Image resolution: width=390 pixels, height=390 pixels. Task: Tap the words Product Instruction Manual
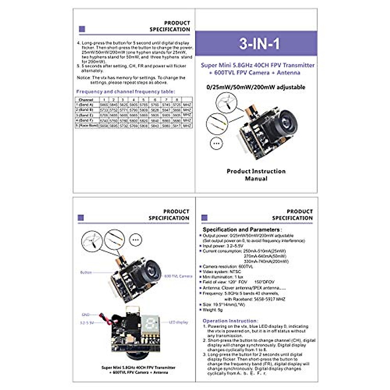pyautogui.click(x=256, y=175)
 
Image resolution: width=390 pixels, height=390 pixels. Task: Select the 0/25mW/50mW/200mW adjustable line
pyautogui.click(x=256, y=87)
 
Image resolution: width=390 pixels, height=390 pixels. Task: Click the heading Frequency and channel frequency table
pyautogui.click(x=125, y=92)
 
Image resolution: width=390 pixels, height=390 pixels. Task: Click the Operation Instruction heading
pyautogui.click(x=230, y=321)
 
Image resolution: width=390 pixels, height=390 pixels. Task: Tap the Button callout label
pyautogui.click(x=86, y=272)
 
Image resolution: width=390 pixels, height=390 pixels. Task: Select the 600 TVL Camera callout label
pyautogui.click(x=178, y=276)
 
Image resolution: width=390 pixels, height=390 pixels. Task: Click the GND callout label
pyautogui.click(x=85, y=315)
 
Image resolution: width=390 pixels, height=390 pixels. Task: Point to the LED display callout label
pyautogui.click(x=178, y=322)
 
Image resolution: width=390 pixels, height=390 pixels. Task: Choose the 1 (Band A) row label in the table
pyautogui.click(x=85, y=105)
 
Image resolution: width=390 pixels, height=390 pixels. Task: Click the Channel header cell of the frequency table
pyautogui.click(x=86, y=100)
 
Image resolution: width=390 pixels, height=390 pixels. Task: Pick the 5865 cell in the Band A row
pyautogui.click(x=104, y=105)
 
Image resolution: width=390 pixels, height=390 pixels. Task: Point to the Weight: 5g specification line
pyautogui.click(x=213, y=310)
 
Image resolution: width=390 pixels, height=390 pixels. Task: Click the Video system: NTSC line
pyautogui.click(x=222, y=272)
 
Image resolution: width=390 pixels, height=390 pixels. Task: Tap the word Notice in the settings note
pyautogui.click(x=84, y=78)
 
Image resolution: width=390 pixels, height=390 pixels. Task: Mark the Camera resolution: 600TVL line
pyautogui.click(x=227, y=266)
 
